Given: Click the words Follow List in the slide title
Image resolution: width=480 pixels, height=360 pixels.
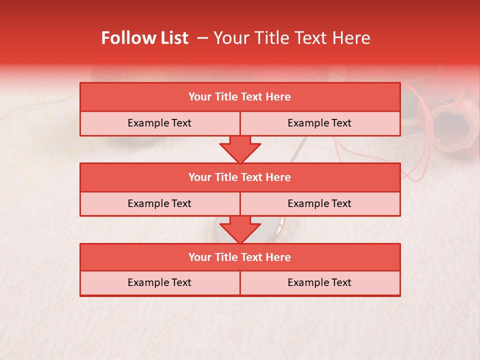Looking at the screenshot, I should click(x=144, y=38).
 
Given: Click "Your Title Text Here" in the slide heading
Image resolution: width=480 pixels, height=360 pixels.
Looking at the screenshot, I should click(x=291, y=38).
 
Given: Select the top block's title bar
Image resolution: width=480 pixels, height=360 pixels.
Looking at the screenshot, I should click(x=240, y=97).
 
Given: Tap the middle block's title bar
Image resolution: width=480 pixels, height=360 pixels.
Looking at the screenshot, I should click(x=240, y=177).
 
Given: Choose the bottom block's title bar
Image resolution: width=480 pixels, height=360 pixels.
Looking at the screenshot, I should click(x=240, y=257).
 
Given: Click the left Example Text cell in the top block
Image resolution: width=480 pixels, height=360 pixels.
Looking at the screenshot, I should click(x=159, y=123).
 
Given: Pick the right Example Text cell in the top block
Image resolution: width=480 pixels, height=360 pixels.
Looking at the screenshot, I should click(x=319, y=123).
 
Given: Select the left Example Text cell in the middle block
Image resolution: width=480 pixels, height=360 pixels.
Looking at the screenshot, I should click(x=159, y=203).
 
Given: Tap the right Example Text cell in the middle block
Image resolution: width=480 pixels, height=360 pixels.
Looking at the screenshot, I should click(x=319, y=203).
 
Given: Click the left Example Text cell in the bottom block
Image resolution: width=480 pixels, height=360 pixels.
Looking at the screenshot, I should click(x=159, y=282).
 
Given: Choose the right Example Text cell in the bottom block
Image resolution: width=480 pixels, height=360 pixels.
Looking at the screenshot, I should click(x=319, y=282).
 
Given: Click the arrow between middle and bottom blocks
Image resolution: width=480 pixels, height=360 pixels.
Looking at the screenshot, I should click(x=240, y=229).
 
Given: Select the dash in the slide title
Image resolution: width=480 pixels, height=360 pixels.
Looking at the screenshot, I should click(x=202, y=38).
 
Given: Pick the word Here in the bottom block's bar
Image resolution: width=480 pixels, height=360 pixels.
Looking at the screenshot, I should click(x=278, y=257).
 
